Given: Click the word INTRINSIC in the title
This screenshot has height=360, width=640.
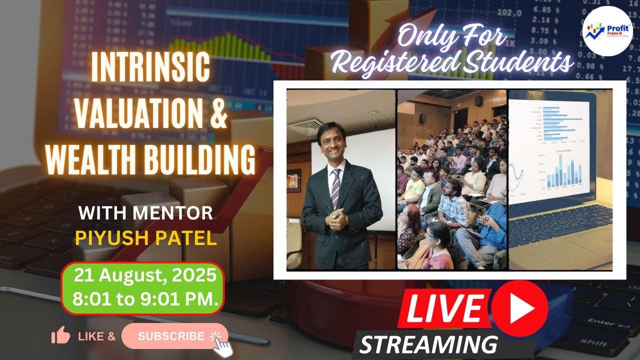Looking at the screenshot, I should [150, 68].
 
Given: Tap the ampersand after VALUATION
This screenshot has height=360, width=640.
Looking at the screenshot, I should [216, 114].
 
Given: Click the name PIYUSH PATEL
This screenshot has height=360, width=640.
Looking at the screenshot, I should [145, 238].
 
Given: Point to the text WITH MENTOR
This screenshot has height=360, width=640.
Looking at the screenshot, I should [145, 213].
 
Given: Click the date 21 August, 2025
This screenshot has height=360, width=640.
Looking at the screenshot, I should [145, 275].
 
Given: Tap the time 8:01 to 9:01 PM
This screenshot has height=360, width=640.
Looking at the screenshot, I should [145, 299].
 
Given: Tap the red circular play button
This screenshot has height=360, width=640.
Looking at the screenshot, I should [519, 307].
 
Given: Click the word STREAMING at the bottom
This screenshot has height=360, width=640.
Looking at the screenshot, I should [428, 344].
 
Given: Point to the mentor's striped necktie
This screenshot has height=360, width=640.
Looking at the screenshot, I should [335, 187].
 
